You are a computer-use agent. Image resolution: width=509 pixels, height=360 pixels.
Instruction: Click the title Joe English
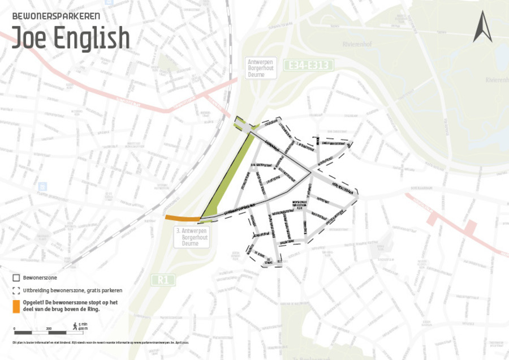[x=71, y=37]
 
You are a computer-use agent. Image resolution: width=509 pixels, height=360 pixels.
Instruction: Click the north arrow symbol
[x=482, y=26]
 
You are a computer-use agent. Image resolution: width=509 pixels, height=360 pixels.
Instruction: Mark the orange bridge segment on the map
[x=182, y=218]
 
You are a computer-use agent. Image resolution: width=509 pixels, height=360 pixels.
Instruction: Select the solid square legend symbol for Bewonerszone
[x=16, y=278]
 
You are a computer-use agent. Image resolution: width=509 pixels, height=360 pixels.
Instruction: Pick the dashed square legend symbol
[x=16, y=290]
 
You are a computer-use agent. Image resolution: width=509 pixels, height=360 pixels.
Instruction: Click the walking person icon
[x=74, y=325]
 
